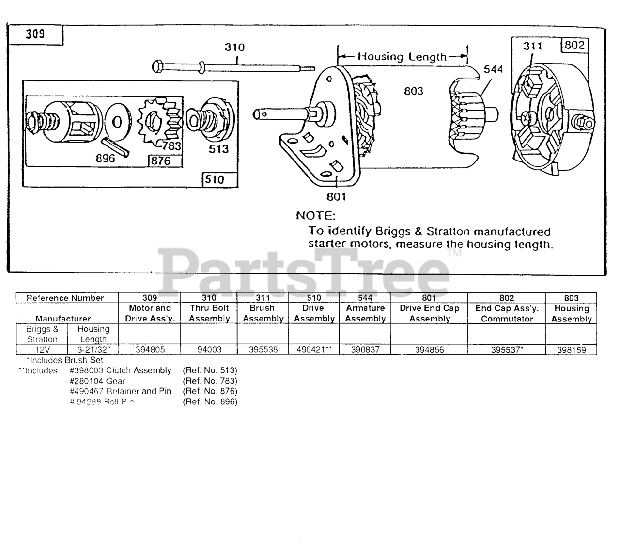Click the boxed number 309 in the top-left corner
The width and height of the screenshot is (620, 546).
coord(35,34)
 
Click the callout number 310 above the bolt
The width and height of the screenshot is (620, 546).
coord(234,48)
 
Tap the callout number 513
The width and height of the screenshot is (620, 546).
coord(218,149)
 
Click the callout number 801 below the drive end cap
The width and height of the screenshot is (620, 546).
coord(336,196)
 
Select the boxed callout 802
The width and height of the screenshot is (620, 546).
coord(574,46)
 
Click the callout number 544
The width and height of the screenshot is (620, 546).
coord(494,69)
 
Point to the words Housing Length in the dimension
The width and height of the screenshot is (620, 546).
coord(402,56)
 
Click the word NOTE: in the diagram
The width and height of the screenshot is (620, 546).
coord(315,215)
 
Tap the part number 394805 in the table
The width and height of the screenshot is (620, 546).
coord(150,349)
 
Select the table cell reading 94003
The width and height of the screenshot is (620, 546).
coord(209,349)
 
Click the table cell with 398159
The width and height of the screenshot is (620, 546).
coord(572,349)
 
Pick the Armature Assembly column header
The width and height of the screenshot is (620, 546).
coord(365,313)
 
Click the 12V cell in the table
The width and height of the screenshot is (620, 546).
coord(42,349)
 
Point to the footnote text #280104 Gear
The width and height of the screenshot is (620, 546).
coord(97,381)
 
